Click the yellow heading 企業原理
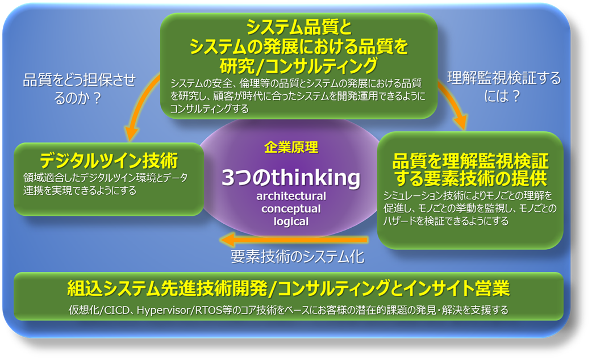291,147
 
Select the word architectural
291,196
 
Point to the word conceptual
291,209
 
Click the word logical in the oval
291,221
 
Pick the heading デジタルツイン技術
109,161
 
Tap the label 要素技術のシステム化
298,257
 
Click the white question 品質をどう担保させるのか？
79,89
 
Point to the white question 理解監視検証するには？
503,87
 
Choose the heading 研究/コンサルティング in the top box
298,66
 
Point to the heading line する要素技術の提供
470,178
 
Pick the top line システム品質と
299,27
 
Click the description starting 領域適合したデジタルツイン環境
105,184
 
